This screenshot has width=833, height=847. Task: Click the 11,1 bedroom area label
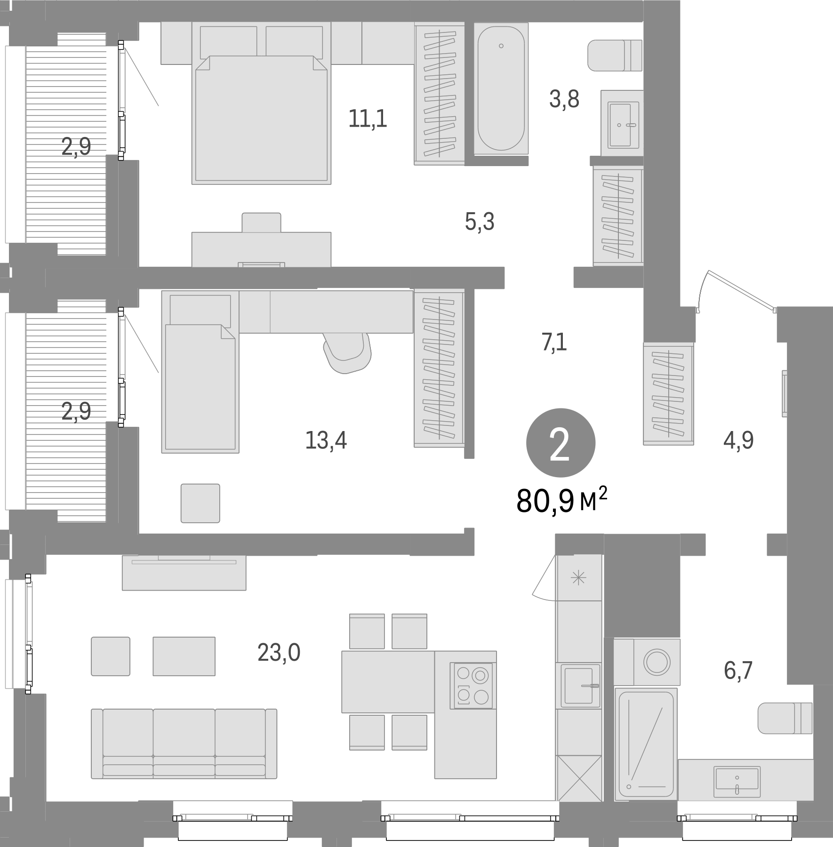coord(368,119)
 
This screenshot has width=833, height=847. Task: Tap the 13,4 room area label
coord(326,441)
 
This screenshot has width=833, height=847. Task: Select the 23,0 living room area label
coord(279,653)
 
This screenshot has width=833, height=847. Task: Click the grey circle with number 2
coord(561,443)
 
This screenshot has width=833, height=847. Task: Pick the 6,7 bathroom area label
coord(738,670)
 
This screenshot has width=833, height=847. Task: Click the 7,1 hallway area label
coord(554,343)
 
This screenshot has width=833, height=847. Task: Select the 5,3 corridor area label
coord(480,222)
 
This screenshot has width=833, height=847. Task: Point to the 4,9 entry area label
coord(738,441)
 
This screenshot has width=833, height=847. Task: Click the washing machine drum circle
coord(657,662)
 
